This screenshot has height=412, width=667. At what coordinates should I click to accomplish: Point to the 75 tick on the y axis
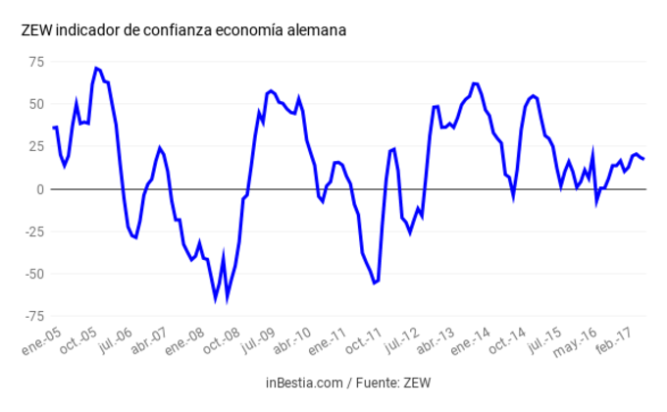click(x=36, y=62)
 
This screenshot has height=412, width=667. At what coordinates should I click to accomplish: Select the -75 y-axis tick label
click(x=33, y=316)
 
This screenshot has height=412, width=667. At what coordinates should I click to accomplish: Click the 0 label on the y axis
click(x=40, y=189)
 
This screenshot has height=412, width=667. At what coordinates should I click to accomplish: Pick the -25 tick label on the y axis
click(x=33, y=232)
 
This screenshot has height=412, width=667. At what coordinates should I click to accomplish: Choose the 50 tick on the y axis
click(x=36, y=104)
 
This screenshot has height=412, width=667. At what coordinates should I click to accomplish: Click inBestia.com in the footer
click(x=302, y=382)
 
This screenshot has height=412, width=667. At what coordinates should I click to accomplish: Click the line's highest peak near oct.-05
click(x=96, y=68)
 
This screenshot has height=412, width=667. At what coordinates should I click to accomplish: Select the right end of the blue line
click(x=643, y=159)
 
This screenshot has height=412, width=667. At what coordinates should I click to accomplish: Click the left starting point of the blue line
click(x=53, y=128)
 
